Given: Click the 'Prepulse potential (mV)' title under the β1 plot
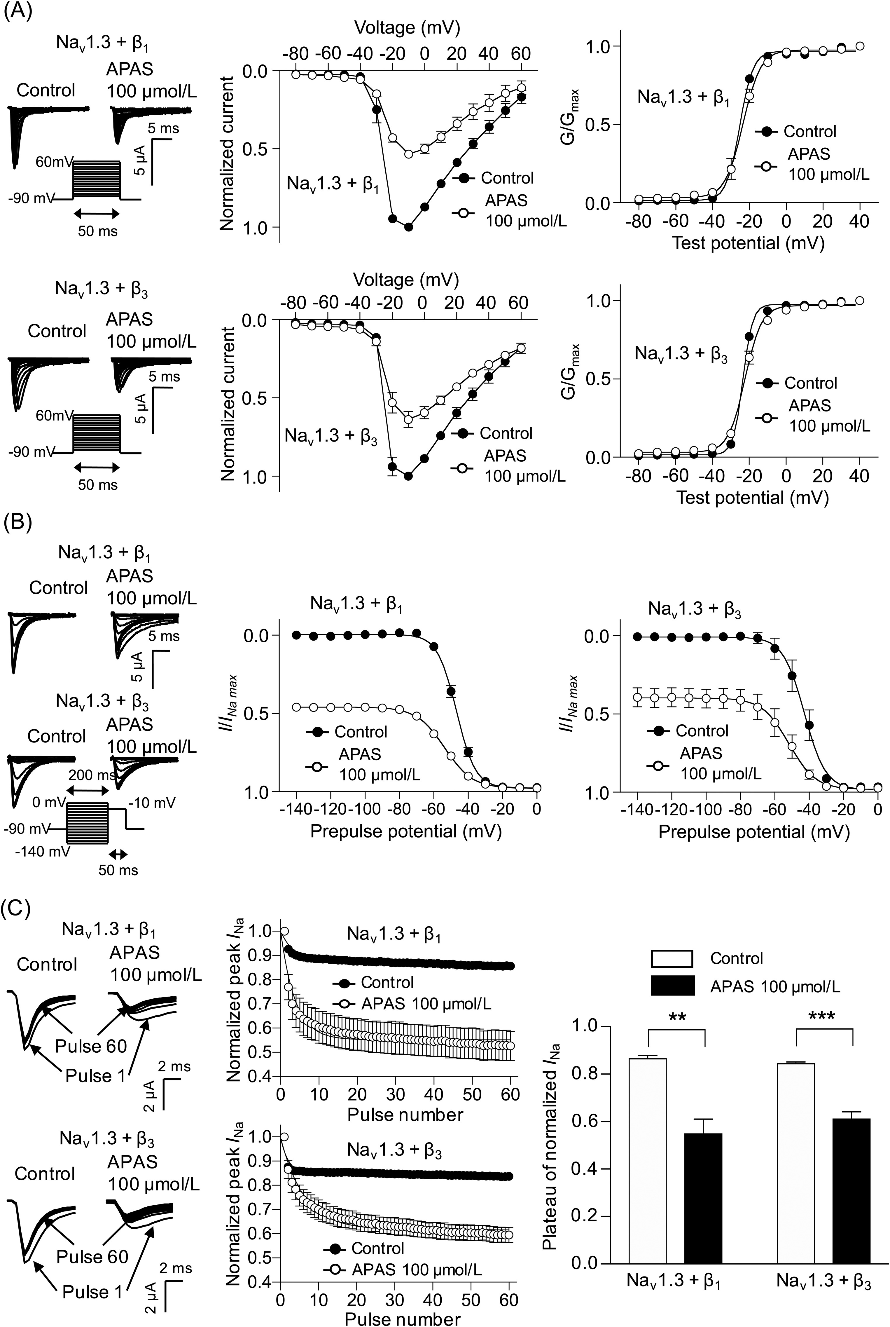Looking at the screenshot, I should [x=406, y=832].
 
